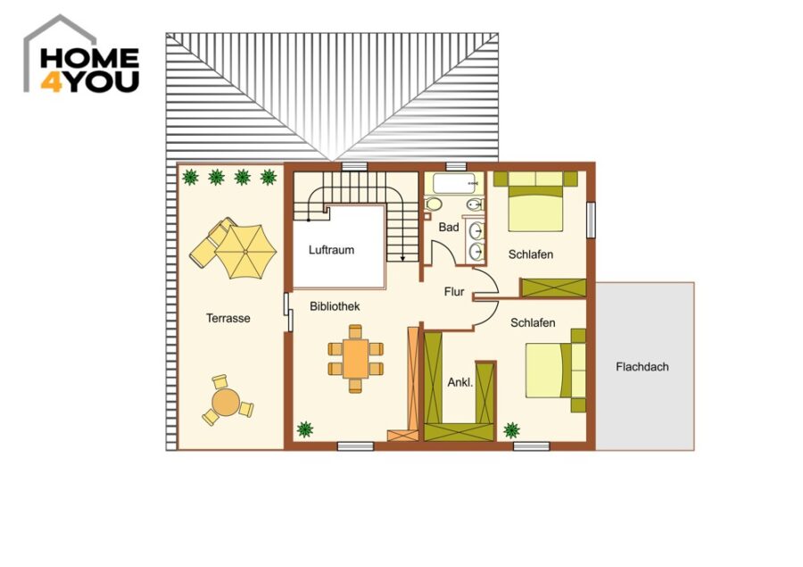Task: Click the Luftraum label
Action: pyautogui.click(x=331, y=250)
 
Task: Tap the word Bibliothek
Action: pyautogui.click(x=335, y=306)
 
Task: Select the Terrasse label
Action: pyautogui.click(x=228, y=318)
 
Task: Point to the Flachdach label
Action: pyautogui.click(x=642, y=367)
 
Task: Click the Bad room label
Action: pyautogui.click(x=449, y=227)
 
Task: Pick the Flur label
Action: pyautogui.click(x=454, y=292)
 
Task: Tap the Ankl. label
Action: pyautogui.click(x=459, y=382)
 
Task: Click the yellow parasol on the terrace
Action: pyautogui.click(x=246, y=251)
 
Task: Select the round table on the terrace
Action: pyautogui.click(x=226, y=402)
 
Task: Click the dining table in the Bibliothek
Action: pyautogui.click(x=355, y=358)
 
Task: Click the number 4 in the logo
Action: pyautogui.click(x=51, y=82)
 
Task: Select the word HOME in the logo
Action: pyautogui.click(x=89, y=58)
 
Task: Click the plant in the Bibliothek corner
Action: pyautogui.click(x=305, y=429)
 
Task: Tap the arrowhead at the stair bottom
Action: pyautogui.click(x=403, y=259)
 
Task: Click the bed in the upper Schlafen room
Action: pyautogui.click(x=535, y=202)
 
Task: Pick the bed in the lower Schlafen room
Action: pyautogui.click(x=556, y=371)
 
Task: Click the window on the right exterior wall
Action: pyautogui.click(x=591, y=220)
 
